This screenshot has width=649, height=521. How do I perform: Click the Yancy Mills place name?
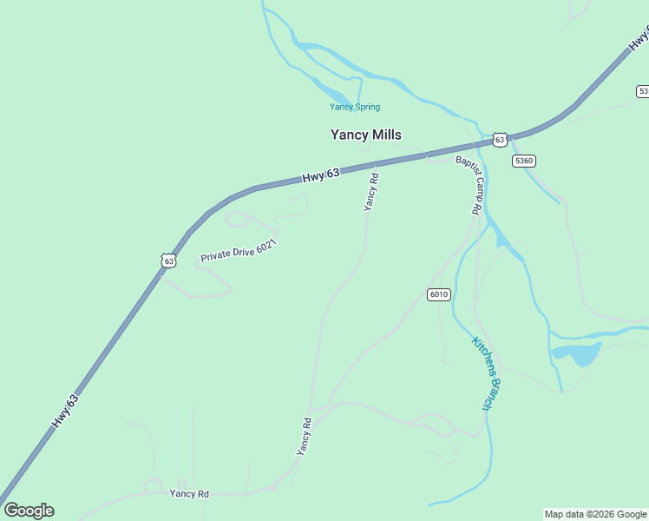click(x=365, y=135)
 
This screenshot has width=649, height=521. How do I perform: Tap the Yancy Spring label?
click(x=354, y=108)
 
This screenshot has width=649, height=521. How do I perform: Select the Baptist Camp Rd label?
click(x=469, y=184)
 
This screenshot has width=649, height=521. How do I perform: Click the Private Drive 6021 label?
click(x=238, y=251)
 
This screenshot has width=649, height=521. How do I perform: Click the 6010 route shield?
click(x=438, y=294)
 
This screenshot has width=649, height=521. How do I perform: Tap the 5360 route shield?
click(x=524, y=161)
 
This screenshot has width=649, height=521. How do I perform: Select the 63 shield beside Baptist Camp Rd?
click(x=499, y=139)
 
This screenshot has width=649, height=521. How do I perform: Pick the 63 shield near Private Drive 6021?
click(x=168, y=260)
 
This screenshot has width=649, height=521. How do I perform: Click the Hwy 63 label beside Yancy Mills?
click(x=321, y=175)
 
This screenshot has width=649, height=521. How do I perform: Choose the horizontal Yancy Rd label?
click(x=189, y=493)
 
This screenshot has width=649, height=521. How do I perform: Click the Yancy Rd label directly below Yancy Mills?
click(x=371, y=192)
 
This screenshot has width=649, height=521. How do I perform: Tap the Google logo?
click(x=29, y=511)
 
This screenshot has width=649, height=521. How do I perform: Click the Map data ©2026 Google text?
click(x=595, y=514)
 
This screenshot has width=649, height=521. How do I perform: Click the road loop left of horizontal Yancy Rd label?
click(x=153, y=485)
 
